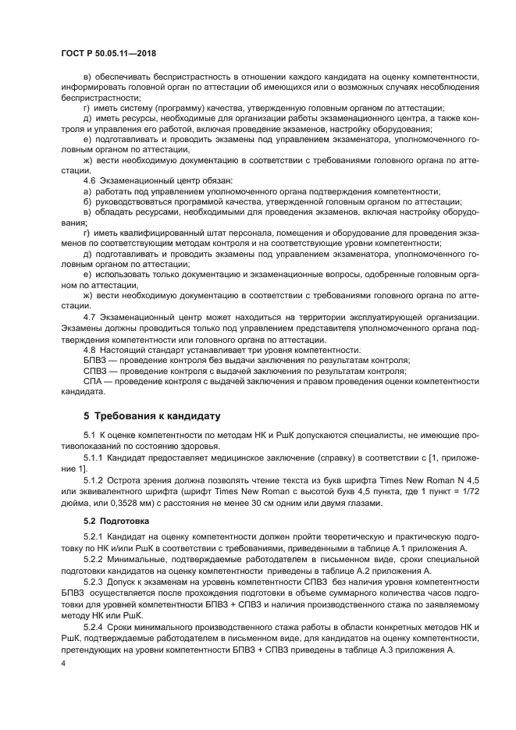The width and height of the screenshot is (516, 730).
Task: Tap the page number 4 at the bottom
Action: pos(63,664)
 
